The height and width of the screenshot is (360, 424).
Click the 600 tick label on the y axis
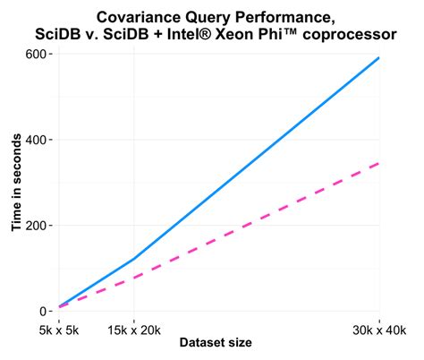(36, 54)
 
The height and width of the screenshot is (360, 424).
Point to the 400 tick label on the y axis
(36, 140)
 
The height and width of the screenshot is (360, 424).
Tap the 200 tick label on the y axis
(36, 226)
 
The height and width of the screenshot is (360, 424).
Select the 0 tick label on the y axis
(43, 311)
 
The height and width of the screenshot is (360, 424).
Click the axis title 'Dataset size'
(215, 343)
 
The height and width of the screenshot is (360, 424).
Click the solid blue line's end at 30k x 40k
(380, 57)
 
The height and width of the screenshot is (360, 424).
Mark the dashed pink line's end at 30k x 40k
(380, 163)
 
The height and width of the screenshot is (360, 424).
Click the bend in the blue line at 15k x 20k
(133, 259)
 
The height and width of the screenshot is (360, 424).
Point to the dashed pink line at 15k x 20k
(133, 276)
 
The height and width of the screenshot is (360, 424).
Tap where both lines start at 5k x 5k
(59, 307)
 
